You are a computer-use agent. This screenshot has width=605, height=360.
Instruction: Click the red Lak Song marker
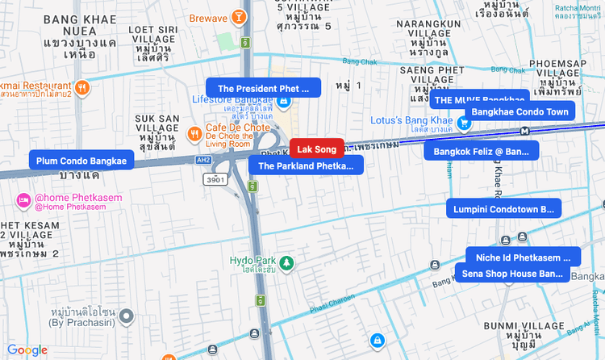316,149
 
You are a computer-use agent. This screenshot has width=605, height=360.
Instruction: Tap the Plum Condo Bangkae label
81,161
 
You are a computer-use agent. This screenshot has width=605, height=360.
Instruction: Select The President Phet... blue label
264,88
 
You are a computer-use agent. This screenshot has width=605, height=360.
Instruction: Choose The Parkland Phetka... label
306,166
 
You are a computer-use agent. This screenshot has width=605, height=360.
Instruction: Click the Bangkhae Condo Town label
519,111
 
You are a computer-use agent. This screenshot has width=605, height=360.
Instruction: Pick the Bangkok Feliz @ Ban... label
482,151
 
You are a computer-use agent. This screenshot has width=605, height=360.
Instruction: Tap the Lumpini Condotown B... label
503,209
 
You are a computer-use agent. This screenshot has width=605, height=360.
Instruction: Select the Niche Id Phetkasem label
523,257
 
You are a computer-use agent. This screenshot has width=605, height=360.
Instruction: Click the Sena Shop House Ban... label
512,274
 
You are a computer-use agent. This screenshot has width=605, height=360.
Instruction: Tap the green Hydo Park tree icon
286,262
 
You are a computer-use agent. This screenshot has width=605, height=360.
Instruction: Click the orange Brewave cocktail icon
239,17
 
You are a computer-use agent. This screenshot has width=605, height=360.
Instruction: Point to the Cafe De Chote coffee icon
194,133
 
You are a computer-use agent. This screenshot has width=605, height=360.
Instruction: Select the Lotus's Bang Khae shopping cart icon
464,123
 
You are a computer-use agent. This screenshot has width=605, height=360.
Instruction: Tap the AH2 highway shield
205,160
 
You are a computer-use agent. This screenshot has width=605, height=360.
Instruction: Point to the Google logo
28,350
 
